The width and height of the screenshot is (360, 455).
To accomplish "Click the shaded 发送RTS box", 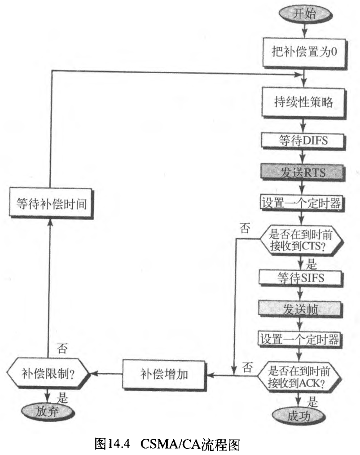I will pos(305,172).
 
